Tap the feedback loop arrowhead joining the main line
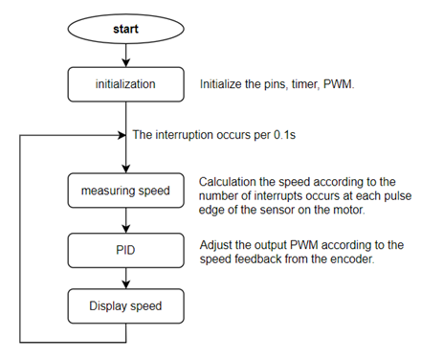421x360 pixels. (122, 135)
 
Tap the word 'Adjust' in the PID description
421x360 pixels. (218, 243)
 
